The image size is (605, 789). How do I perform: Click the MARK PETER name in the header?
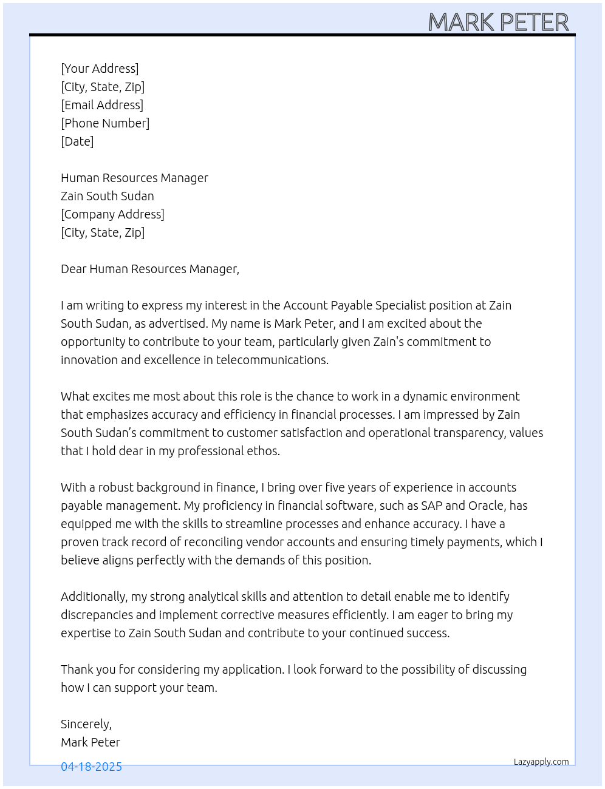click(498, 22)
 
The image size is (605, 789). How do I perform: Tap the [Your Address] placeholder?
click(100, 69)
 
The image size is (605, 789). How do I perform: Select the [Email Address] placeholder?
click(102, 105)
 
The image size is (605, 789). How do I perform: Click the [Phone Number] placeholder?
click(105, 123)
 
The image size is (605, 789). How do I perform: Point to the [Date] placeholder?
click(77, 141)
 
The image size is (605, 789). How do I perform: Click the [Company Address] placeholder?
click(112, 214)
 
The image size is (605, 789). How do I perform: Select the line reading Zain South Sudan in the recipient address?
click(108, 196)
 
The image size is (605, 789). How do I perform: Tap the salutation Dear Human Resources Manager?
click(150, 269)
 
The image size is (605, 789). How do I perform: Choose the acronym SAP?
click(431, 506)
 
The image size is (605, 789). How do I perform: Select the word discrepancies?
click(98, 615)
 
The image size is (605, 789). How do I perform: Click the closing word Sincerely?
click(86, 724)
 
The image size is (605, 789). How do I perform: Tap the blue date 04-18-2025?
click(91, 767)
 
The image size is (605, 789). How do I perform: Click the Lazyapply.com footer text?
click(541, 762)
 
